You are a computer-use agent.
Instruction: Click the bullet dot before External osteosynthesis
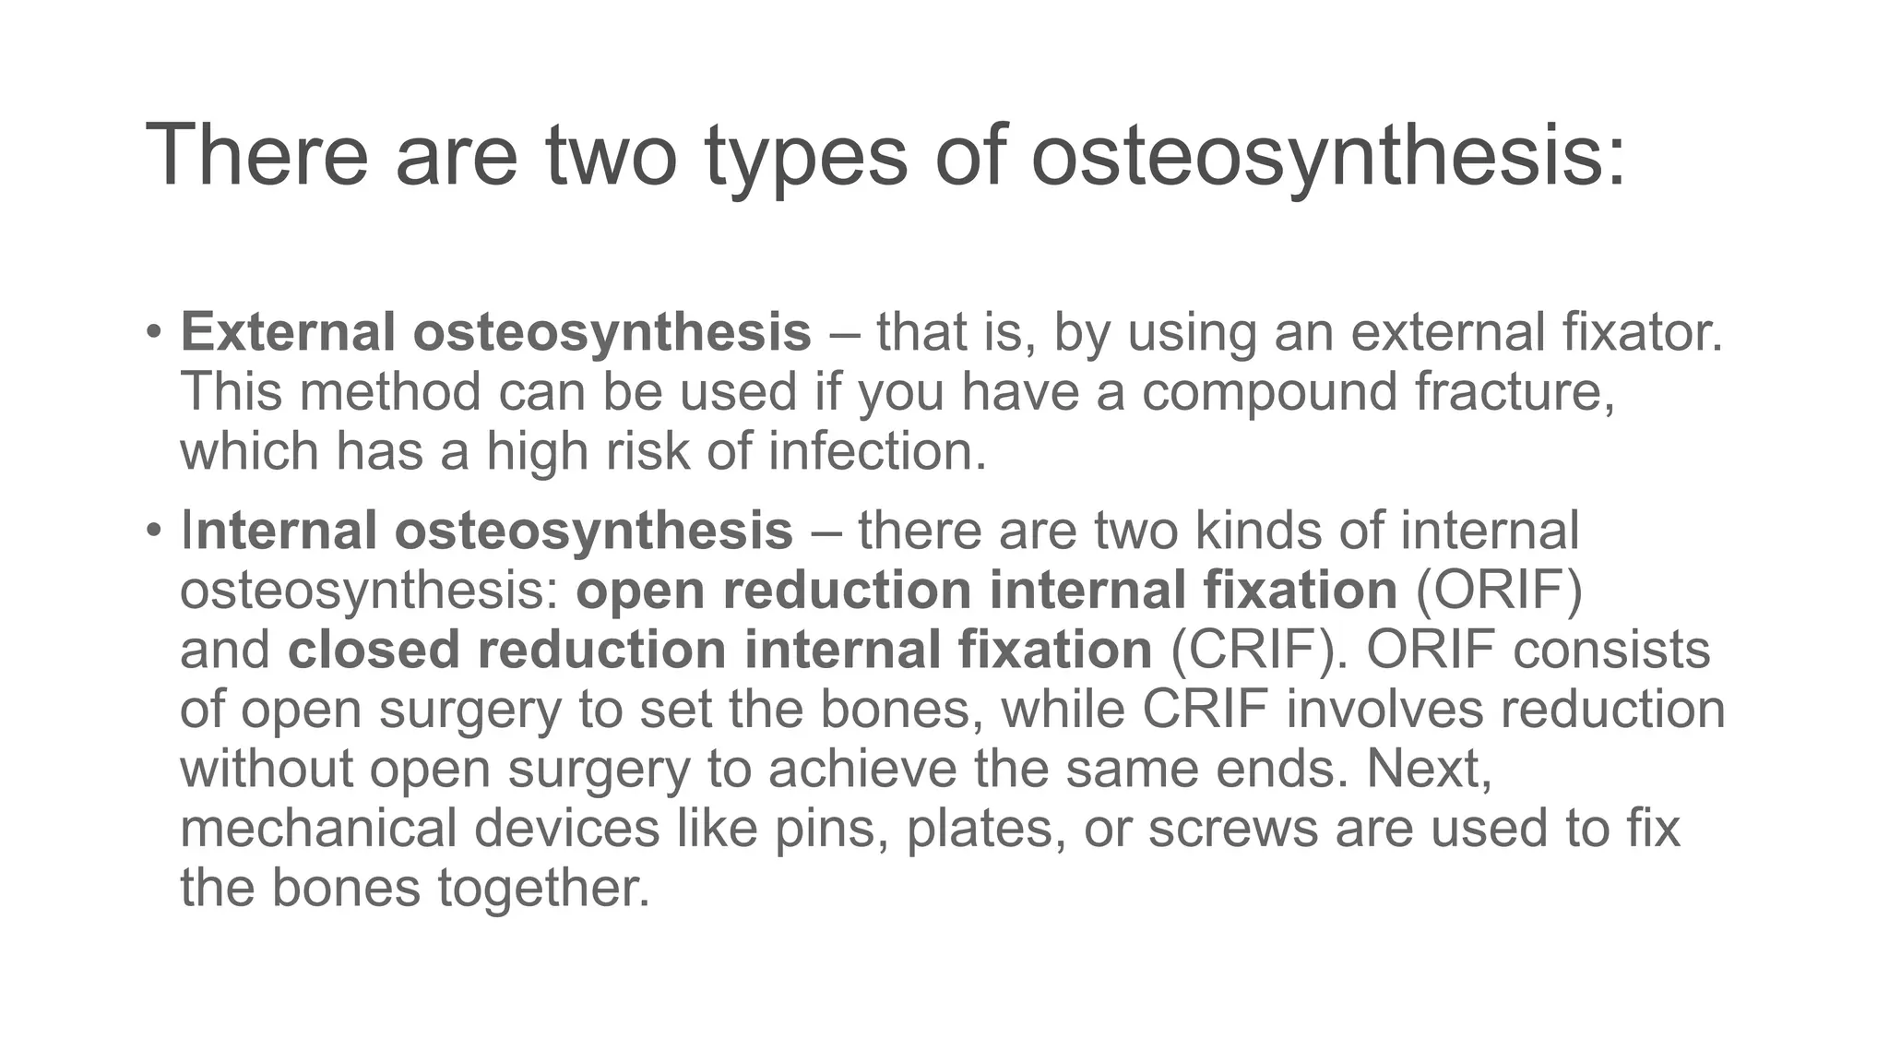(154, 330)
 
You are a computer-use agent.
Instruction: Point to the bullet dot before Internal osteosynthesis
(154, 530)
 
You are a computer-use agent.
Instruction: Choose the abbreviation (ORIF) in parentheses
(1499, 591)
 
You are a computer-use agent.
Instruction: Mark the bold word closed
(374, 650)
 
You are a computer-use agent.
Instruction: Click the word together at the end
(543, 888)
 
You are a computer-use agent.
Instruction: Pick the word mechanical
(318, 828)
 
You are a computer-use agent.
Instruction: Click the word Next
(1429, 769)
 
